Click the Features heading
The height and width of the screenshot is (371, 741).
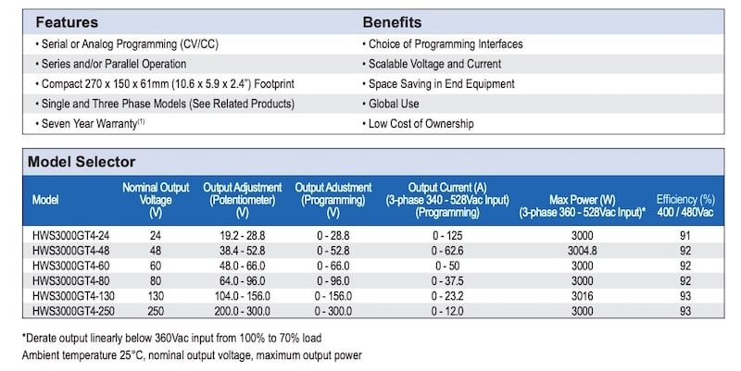click(x=67, y=22)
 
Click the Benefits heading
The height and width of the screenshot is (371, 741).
click(x=392, y=22)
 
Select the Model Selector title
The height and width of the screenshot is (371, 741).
click(x=82, y=162)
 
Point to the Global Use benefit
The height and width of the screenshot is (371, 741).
click(x=391, y=104)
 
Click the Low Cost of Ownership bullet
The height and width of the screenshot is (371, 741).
click(x=419, y=124)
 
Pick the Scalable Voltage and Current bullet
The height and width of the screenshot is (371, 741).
click(x=432, y=64)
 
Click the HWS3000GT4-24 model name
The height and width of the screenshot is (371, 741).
click(x=71, y=236)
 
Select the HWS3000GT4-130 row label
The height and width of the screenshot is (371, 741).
click(x=73, y=296)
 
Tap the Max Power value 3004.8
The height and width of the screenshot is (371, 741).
click(x=583, y=251)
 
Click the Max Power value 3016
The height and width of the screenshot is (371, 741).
click(x=583, y=296)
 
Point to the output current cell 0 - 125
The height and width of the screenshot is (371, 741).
click(x=447, y=236)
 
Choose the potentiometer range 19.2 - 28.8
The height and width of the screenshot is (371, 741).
click(x=242, y=236)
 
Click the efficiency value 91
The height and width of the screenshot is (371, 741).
click(x=685, y=236)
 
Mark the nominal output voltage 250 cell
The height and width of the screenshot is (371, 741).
click(x=156, y=311)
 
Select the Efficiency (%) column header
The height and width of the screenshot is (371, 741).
click(x=685, y=205)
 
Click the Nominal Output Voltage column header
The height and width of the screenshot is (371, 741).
click(x=156, y=200)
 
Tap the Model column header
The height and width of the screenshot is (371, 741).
click(x=45, y=200)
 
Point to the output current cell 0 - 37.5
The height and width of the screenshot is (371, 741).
click(x=447, y=281)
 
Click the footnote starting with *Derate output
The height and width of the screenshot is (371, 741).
click(x=171, y=338)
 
